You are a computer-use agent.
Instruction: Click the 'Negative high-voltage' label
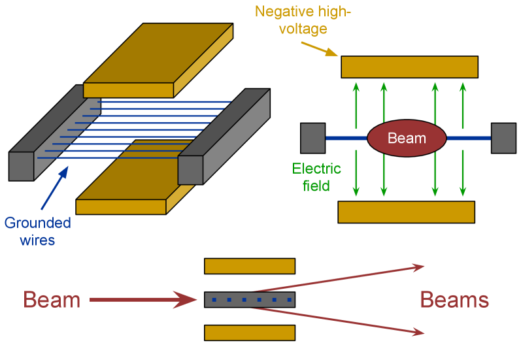tap(303, 20)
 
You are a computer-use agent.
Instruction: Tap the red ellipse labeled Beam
tap(407, 138)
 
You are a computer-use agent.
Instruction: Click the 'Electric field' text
tap(316, 177)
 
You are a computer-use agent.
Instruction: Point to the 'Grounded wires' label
tap(37, 231)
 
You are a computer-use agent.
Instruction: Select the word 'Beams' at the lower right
tap(454, 300)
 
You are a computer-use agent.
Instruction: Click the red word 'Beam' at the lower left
tap(52, 300)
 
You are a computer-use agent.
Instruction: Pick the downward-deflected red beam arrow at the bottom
tap(340, 320)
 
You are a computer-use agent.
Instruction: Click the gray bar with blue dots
tap(250, 299)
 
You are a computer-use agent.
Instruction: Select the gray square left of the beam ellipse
tap(312, 138)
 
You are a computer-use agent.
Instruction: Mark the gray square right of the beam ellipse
tap(503, 138)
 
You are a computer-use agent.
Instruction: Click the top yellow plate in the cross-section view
tap(409, 67)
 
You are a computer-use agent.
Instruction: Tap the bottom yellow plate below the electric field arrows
tap(406, 212)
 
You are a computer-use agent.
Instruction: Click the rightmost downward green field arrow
tap(463, 173)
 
